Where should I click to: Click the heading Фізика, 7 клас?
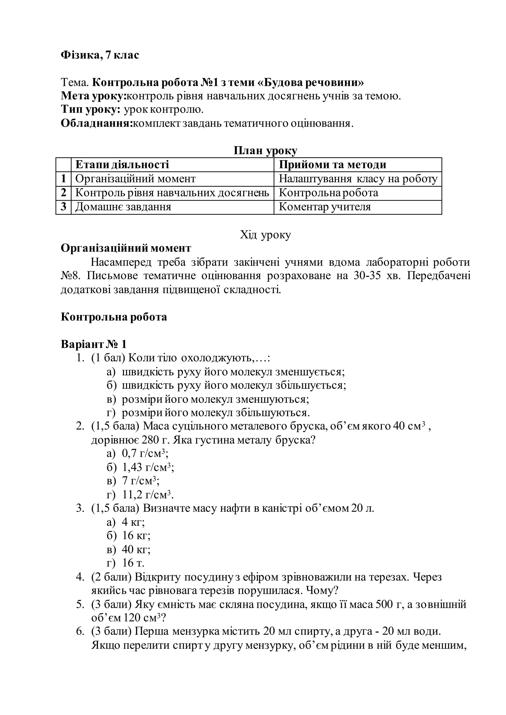(x=100, y=55)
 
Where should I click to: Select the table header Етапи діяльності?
(x=122, y=164)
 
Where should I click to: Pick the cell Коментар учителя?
(x=325, y=207)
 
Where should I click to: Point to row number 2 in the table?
(x=63, y=193)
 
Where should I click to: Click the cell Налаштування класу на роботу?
(x=358, y=179)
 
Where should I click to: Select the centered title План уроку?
(x=265, y=151)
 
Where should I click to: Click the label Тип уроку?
(x=90, y=110)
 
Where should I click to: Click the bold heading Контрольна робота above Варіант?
(x=114, y=317)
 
